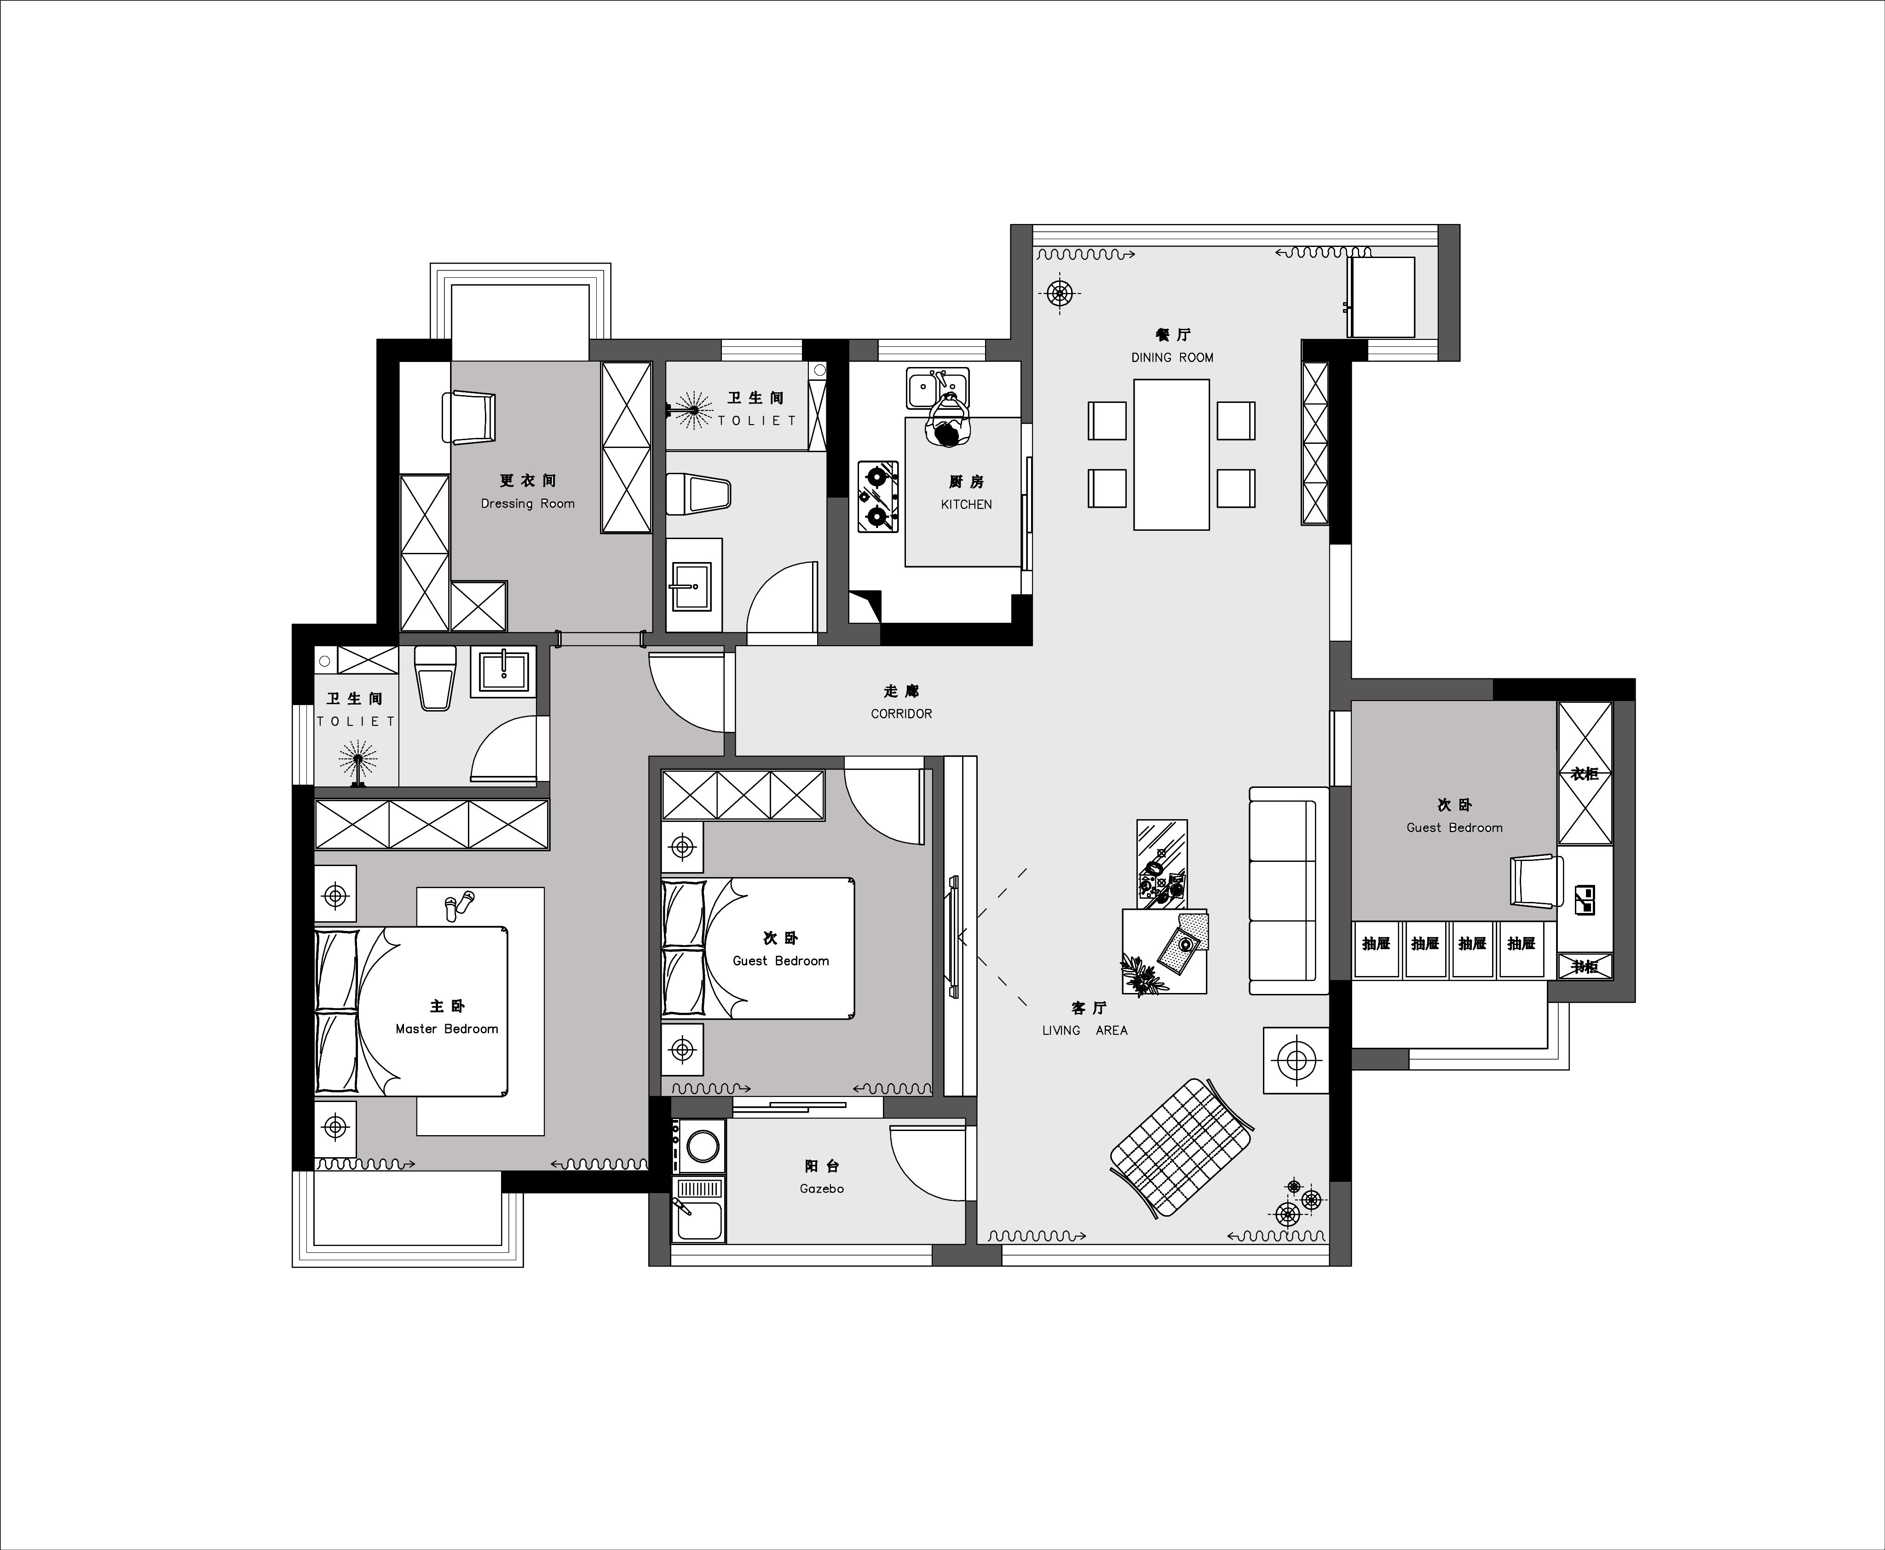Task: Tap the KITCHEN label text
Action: click(x=966, y=505)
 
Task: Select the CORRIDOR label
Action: click(x=901, y=713)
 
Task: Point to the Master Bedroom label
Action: click(x=446, y=1028)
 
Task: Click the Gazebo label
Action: click(x=822, y=1188)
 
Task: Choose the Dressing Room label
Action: click(x=528, y=504)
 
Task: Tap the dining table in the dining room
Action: click(x=1171, y=454)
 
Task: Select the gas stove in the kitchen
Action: click(x=878, y=496)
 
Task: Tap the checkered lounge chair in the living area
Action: click(x=1182, y=1147)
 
